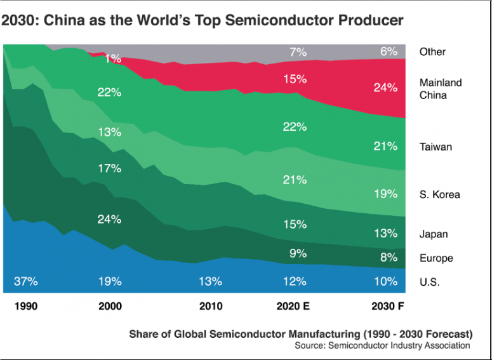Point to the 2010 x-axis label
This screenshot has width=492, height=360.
211,306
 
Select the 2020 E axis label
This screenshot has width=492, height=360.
293,306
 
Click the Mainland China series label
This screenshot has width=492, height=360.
441,89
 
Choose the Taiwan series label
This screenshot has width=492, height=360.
435,147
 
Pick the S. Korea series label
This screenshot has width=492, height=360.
439,194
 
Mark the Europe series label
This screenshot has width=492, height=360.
436,258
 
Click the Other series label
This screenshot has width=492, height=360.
432,52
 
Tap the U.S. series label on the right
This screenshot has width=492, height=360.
430,282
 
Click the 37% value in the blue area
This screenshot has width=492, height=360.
26,281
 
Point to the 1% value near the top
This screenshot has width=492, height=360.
113,58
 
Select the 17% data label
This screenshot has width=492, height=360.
110,169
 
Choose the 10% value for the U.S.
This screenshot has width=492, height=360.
385,281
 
